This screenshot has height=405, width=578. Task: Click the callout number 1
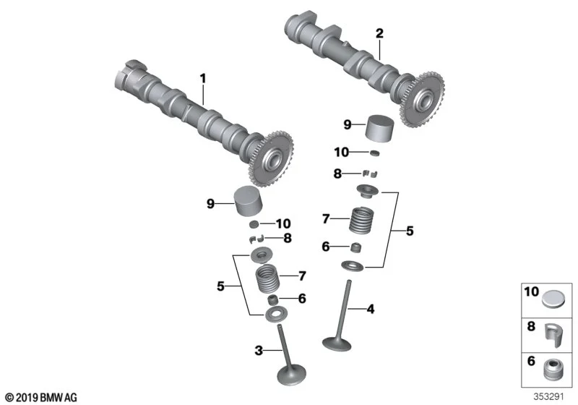202,79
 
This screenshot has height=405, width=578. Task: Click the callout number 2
379,33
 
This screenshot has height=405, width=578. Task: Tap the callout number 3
259,351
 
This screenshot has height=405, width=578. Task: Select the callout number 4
371,309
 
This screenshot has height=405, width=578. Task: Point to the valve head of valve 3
291,375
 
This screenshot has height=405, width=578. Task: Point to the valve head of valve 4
337,343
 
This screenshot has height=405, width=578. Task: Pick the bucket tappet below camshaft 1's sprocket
249,201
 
